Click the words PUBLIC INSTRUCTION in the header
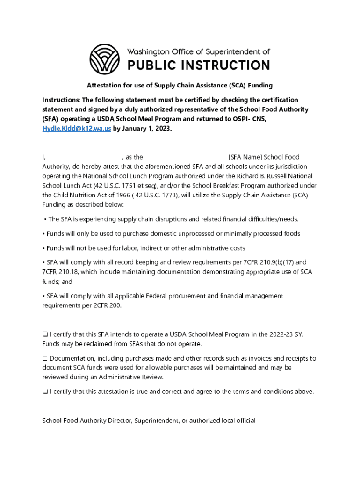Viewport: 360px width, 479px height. pos(199,65)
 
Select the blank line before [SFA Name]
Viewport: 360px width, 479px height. pos(187,158)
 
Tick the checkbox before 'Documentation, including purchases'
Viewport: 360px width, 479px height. pos(45,359)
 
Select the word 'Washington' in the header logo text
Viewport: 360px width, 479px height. pos(152,52)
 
